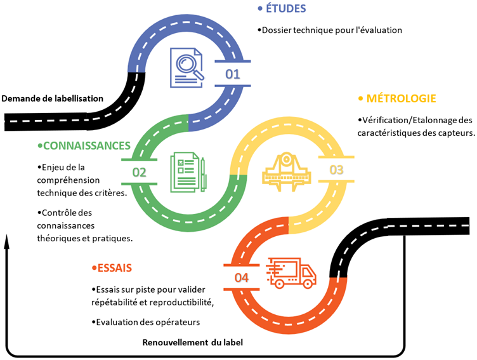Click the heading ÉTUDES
point(286,8)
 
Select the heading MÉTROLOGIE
point(397,98)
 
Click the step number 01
point(233,74)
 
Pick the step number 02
point(139,172)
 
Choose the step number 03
point(336,170)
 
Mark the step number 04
point(241,277)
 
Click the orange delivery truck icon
point(291,274)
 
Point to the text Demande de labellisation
point(52,98)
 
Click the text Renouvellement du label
point(192,342)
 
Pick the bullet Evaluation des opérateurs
point(147,322)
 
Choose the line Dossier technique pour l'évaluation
point(331,30)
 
